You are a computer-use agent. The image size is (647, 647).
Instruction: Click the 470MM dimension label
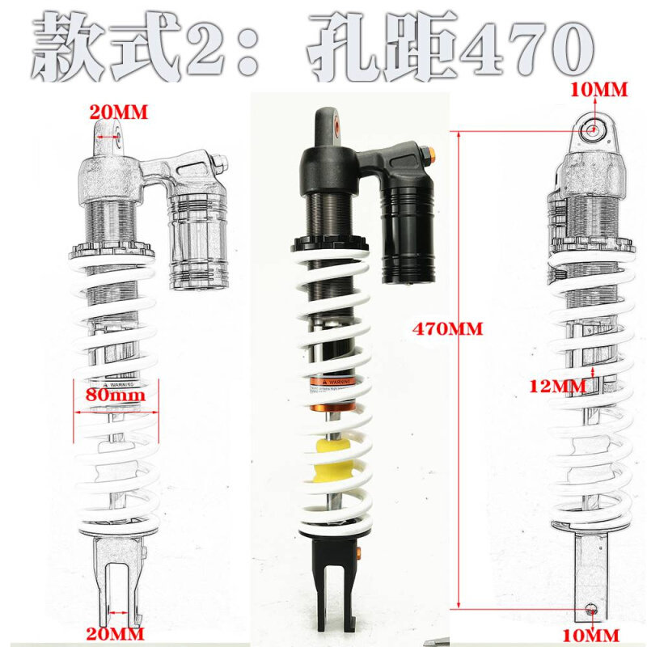(447, 329)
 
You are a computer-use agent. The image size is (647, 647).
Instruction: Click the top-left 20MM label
(118, 114)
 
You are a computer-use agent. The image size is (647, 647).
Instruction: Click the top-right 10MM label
(599, 91)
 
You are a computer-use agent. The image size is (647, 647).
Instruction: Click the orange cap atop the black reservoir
(429, 154)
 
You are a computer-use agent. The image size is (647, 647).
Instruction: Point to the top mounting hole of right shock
(594, 129)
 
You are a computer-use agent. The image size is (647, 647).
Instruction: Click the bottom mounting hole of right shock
(591, 608)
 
